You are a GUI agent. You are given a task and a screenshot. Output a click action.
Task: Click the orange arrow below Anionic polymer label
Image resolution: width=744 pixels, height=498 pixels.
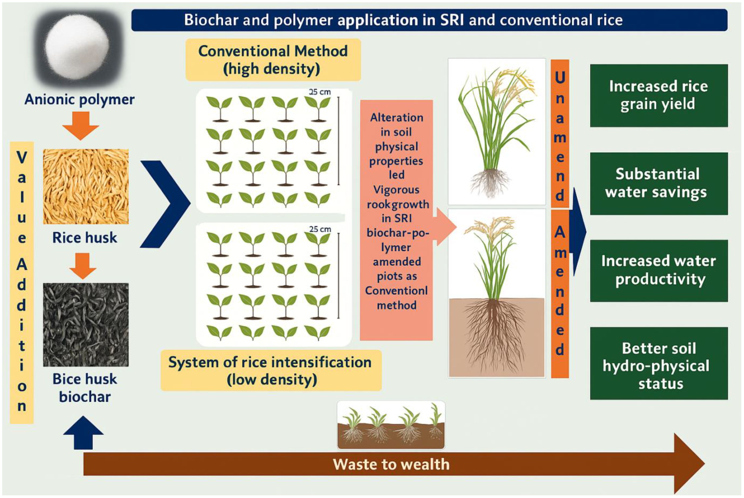pyautogui.click(x=81, y=126)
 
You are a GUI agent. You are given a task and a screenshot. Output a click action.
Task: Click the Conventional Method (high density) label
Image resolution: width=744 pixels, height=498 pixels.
pyautogui.click(x=273, y=60)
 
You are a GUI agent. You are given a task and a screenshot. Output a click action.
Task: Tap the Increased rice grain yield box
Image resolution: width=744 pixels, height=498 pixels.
pyautogui.click(x=659, y=95)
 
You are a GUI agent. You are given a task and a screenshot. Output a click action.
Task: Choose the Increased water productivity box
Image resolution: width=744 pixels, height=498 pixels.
pyautogui.click(x=659, y=271)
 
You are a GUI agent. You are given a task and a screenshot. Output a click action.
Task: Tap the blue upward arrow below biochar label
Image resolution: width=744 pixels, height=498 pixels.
pyautogui.click(x=83, y=433)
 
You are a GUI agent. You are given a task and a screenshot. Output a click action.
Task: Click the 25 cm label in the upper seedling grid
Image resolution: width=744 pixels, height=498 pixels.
pyautogui.click(x=320, y=92)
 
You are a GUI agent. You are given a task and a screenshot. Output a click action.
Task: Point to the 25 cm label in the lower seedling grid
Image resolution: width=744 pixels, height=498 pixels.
pyautogui.click(x=320, y=229)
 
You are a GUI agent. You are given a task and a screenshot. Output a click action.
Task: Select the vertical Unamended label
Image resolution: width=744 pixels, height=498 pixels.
pyautogui.click(x=560, y=133)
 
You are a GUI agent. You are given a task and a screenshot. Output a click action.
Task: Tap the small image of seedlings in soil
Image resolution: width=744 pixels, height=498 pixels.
pyautogui.click(x=391, y=425)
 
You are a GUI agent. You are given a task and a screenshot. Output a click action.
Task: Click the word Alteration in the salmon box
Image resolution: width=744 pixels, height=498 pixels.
pyautogui.click(x=397, y=118)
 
